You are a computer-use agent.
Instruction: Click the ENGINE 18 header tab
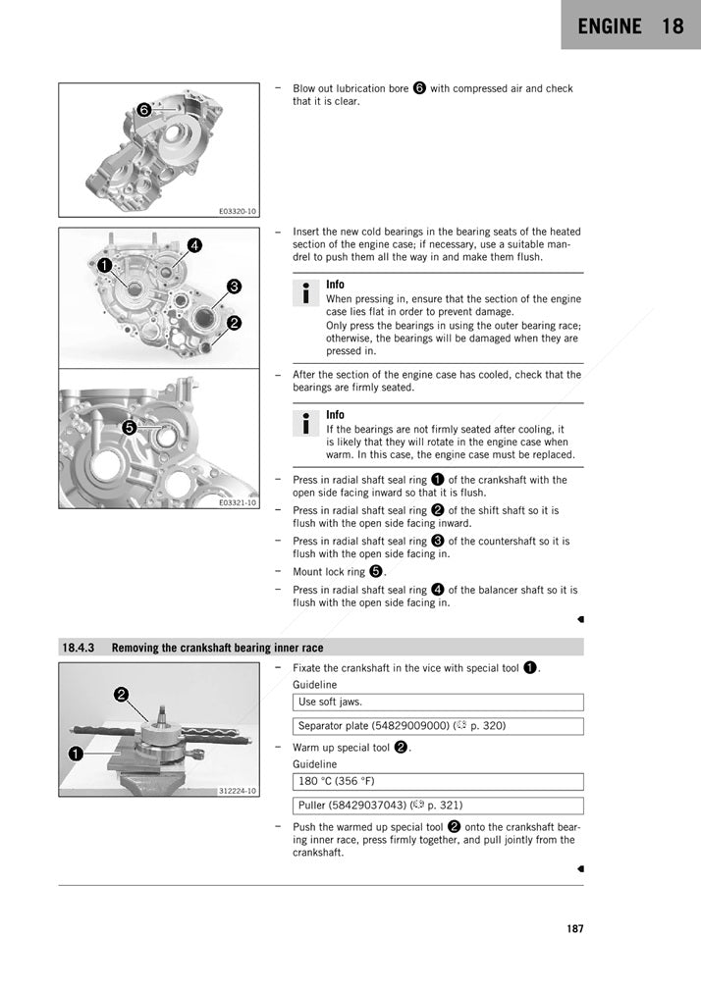pyautogui.click(x=630, y=26)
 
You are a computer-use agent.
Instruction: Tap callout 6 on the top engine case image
pyautogui.click(x=144, y=110)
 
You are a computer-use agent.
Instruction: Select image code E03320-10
pyautogui.click(x=238, y=211)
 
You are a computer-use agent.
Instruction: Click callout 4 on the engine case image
pyautogui.click(x=194, y=245)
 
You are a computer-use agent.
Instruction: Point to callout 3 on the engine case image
pyautogui.click(x=234, y=287)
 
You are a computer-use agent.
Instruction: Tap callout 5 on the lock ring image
pyautogui.click(x=129, y=427)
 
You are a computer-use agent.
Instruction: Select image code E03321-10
pyautogui.click(x=238, y=502)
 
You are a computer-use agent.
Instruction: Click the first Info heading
pyautogui.click(x=335, y=285)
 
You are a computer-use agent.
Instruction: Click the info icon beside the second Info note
pyautogui.click(x=306, y=423)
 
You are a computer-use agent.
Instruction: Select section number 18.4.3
pyautogui.click(x=79, y=648)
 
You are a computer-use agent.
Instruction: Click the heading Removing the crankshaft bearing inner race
pyautogui.click(x=217, y=648)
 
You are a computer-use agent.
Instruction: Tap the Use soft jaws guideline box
pyautogui.click(x=437, y=703)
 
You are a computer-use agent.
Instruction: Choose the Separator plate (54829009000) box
pyautogui.click(x=437, y=726)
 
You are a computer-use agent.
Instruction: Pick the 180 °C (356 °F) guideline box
pyautogui.click(x=437, y=782)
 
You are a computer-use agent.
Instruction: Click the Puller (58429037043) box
pyautogui.click(x=437, y=806)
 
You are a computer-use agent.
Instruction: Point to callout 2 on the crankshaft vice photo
pyautogui.click(x=121, y=695)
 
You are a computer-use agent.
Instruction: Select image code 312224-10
pyautogui.click(x=238, y=791)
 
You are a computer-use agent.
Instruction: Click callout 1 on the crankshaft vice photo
pyautogui.click(x=75, y=754)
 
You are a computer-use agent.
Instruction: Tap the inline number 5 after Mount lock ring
pyautogui.click(x=376, y=571)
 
